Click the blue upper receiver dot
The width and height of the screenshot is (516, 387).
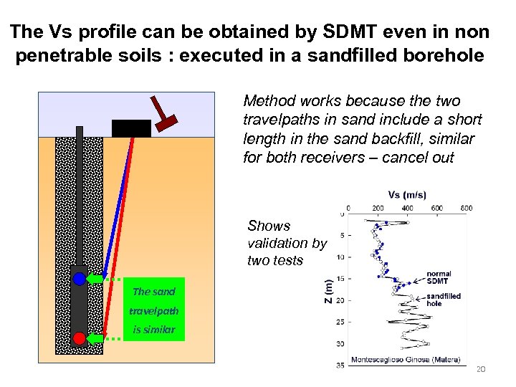point(79,278)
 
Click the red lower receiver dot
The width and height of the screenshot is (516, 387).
point(79,338)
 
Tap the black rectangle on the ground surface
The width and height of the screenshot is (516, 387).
point(131,128)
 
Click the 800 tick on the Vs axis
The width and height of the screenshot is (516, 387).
point(466,208)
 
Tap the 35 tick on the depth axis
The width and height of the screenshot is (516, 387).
point(340,365)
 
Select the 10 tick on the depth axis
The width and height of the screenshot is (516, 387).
point(340,257)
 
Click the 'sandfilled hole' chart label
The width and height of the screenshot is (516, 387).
point(444,300)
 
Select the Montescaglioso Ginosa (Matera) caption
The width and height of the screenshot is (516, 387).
point(406,359)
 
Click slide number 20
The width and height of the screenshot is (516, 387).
point(481,368)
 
